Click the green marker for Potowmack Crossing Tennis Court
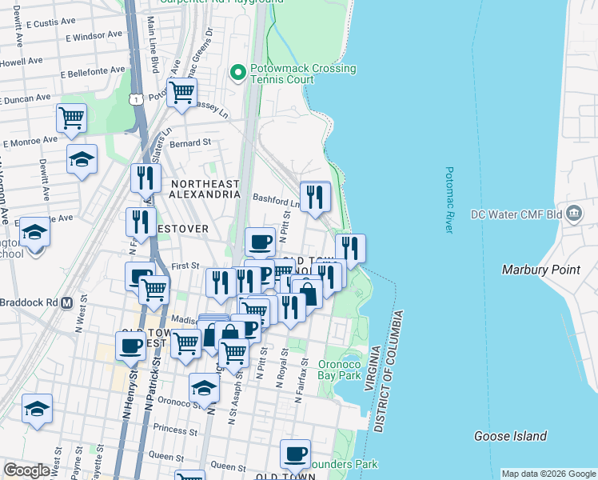tap(237, 73)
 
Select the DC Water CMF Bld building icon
tap(574, 214)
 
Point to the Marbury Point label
tap(540, 270)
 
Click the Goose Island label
tap(510, 436)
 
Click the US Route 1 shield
tap(138, 99)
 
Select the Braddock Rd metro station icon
tap(67, 303)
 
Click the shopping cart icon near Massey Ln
tap(182, 91)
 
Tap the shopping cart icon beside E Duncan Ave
tap(71, 117)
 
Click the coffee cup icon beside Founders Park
tap(295, 453)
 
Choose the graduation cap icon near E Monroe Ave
tap(82, 158)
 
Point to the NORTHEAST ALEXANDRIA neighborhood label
tap(205, 190)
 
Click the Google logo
tap(26, 470)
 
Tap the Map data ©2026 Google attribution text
tap(548, 474)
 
